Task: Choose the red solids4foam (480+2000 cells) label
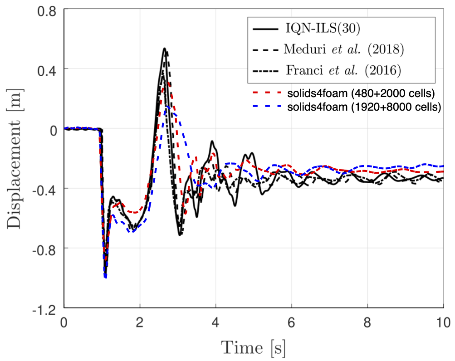(361, 94)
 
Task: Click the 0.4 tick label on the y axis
(48, 69)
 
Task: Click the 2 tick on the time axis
(140, 322)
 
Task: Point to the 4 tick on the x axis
(216, 322)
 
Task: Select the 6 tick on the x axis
(292, 322)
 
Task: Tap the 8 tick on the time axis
(367, 322)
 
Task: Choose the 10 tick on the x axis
(443, 322)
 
